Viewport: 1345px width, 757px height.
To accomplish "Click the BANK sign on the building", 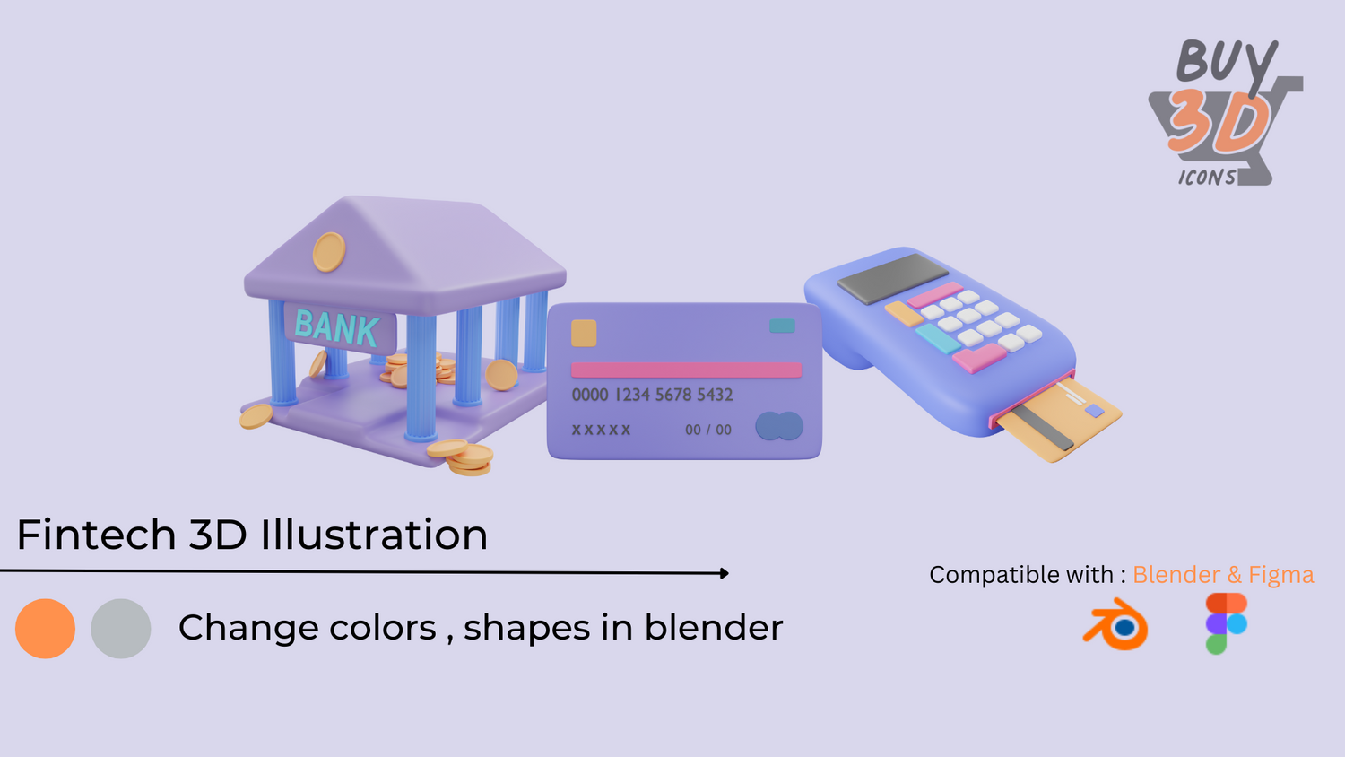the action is point(339,327).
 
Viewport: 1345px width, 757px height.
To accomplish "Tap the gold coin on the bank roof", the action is point(329,252).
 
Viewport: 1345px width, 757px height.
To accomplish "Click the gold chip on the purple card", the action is point(584,333).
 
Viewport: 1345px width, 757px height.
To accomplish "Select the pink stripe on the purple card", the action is point(686,370).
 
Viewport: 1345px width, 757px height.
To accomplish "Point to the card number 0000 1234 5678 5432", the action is point(653,395).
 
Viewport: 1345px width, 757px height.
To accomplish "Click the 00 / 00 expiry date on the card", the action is point(708,430).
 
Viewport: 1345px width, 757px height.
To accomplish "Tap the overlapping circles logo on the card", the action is point(779,426).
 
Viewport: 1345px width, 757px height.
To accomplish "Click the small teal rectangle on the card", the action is point(783,326).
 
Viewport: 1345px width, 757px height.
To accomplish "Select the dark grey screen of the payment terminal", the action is point(893,278).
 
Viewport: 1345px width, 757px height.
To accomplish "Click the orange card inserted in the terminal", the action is point(1060,420).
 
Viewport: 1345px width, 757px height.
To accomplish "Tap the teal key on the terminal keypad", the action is point(938,339).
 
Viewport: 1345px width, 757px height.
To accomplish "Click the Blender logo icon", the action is point(1116,625).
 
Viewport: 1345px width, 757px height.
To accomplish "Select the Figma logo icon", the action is point(1227,623).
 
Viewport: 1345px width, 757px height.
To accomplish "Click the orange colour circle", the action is point(45,629).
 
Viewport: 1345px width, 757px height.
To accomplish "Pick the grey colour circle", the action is point(121,629).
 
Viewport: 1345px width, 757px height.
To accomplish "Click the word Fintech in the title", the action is point(96,534).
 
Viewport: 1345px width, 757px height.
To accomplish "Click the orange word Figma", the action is point(1281,575).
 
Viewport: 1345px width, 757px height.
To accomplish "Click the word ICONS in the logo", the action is point(1207,178).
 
